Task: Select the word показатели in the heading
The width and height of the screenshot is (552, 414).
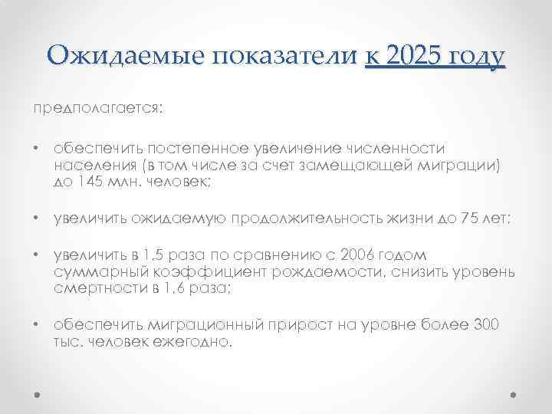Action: click(x=282, y=55)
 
